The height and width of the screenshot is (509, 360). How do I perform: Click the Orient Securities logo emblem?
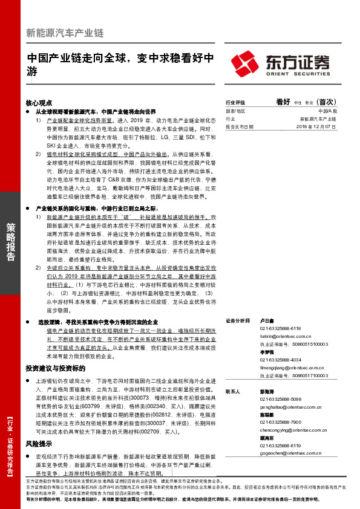click(x=244, y=63)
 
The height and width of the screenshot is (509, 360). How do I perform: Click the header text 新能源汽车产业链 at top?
click(x=66, y=33)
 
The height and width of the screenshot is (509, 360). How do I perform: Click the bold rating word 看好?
click(x=283, y=103)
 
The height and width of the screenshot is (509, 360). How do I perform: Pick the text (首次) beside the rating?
click(x=330, y=103)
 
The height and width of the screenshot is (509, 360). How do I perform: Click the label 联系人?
click(x=232, y=392)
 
